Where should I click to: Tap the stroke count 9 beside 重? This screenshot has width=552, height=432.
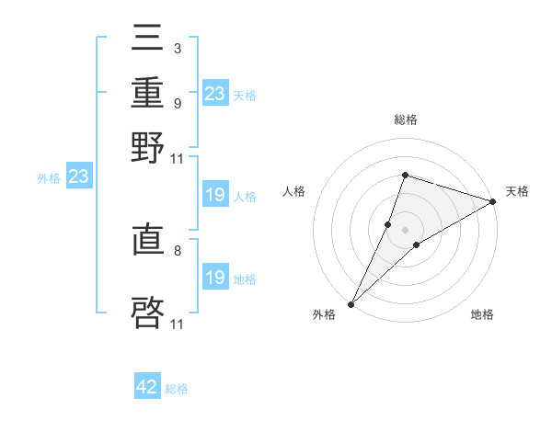177,103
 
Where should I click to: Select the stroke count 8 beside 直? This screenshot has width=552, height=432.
177,249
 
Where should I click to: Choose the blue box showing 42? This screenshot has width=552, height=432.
147,387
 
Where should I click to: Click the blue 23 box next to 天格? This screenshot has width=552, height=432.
214,94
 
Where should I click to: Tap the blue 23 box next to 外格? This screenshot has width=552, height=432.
78,177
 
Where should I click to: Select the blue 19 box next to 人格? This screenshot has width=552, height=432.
214,195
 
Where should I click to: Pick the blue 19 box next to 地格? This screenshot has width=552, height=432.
214,278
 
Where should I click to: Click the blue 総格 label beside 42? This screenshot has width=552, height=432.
177,389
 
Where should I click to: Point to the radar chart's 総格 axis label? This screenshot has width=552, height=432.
406,120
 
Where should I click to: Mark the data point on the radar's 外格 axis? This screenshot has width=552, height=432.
351,303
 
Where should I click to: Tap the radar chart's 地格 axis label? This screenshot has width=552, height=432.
482,315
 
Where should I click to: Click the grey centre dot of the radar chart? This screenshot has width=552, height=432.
406,230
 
